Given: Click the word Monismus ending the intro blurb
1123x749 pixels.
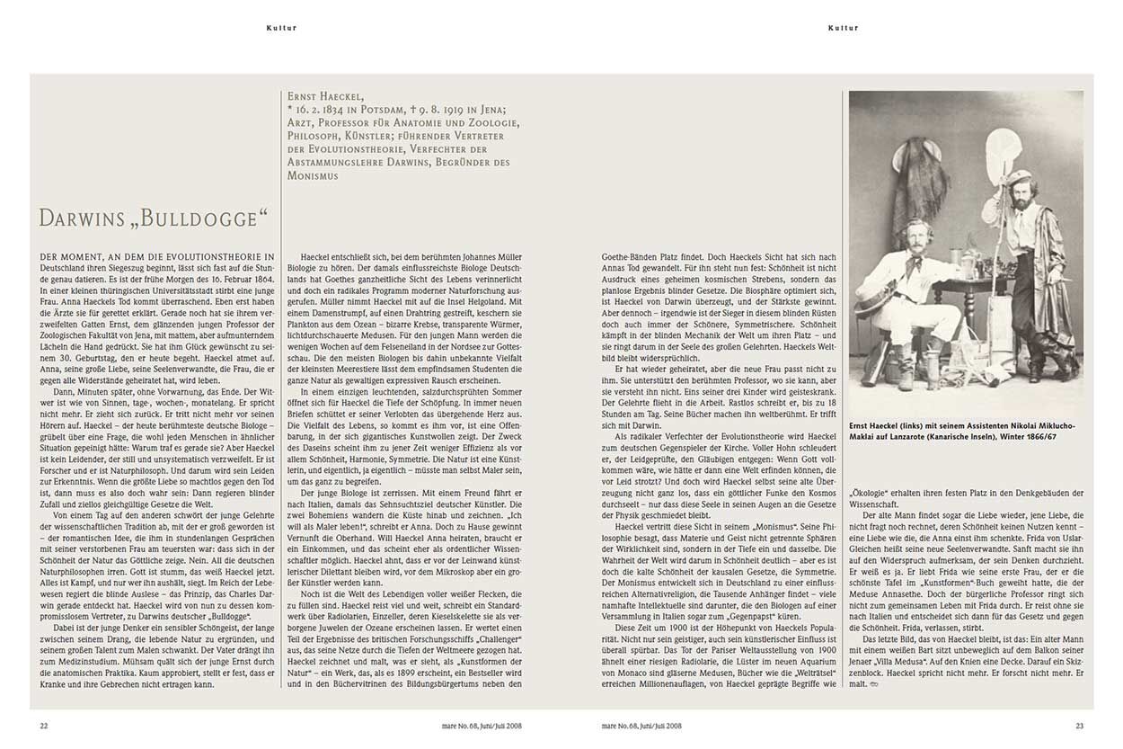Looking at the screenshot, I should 314,176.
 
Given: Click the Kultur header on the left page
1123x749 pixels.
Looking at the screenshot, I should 281,28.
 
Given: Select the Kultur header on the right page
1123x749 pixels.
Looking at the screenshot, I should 843,28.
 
